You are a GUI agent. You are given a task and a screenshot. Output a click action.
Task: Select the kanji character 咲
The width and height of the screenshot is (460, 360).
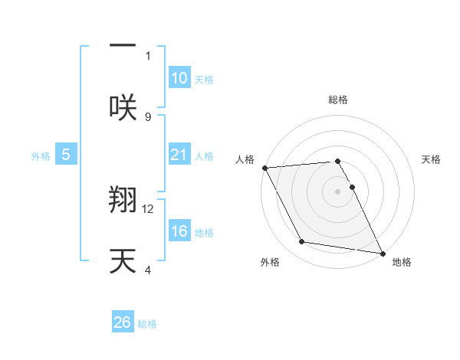(123, 106)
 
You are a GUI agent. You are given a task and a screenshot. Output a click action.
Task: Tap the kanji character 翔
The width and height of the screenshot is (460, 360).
(123, 201)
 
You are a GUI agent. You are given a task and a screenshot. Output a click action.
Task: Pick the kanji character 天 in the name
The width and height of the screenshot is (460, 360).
(123, 260)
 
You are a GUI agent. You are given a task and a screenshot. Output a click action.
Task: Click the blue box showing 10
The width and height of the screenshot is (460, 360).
(179, 78)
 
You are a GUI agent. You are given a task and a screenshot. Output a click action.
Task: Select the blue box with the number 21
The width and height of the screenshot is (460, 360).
(179, 155)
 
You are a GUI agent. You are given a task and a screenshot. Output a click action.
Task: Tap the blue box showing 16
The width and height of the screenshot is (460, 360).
(179, 232)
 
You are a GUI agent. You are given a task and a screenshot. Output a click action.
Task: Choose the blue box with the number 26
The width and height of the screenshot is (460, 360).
(123, 322)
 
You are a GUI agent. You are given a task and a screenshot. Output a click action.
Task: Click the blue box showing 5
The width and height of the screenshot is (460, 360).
(66, 155)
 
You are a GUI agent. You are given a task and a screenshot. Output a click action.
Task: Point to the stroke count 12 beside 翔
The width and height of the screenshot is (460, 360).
(149, 208)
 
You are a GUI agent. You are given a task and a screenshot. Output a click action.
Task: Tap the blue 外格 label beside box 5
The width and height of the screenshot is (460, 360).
(41, 155)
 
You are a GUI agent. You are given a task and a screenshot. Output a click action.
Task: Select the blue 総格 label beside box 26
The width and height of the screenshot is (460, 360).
(147, 324)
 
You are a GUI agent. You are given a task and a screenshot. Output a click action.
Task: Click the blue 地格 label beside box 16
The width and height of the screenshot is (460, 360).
(204, 233)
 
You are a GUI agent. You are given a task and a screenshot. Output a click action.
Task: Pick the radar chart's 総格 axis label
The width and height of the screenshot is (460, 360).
(337, 100)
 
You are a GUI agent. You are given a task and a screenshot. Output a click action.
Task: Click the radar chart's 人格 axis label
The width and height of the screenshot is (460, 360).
(246, 159)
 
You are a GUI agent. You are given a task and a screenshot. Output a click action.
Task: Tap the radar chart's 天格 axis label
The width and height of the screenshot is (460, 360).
(431, 159)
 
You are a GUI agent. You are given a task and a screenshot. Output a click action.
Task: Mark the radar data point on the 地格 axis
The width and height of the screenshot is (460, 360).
(382, 253)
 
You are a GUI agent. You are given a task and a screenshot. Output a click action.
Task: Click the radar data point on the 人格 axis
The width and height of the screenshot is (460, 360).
(264, 167)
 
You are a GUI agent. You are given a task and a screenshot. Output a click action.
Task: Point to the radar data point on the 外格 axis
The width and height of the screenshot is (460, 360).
(301, 242)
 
